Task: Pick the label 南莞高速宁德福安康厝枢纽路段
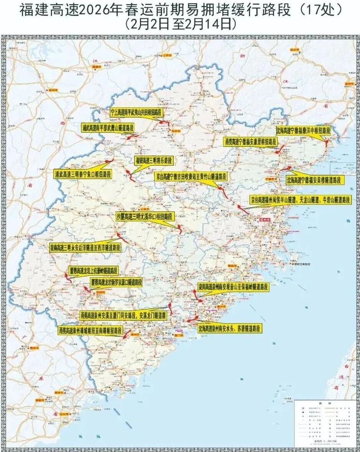[x=251, y=141]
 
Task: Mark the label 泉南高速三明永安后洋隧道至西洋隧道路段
[x=85, y=247]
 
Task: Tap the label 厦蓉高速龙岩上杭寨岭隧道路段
[x=94, y=271]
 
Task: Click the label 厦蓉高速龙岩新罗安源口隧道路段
[x=116, y=282]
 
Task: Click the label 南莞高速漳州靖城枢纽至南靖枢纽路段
[x=90, y=330]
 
